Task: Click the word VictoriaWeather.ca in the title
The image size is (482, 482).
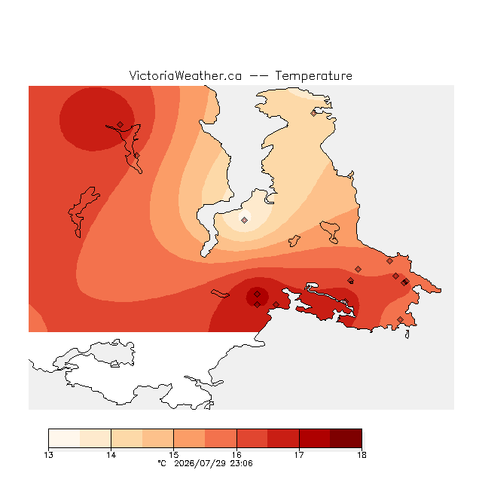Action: [x=185, y=76]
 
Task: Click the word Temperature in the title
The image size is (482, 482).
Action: [x=313, y=76]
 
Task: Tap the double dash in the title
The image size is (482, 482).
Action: [x=258, y=76]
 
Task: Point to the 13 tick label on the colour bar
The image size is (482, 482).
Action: [x=48, y=455]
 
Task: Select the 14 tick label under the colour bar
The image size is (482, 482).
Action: [x=111, y=455]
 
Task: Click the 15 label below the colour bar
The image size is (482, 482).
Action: [x=174, y=455]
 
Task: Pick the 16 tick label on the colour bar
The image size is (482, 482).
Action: [x=236, y=455]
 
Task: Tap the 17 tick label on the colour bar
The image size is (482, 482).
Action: [x=299, y=455]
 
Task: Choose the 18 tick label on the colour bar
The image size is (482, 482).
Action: [x=361, y=455]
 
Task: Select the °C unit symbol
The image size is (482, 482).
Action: [x=162, y=464]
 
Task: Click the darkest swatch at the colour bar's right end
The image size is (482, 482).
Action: [x=346, y=438]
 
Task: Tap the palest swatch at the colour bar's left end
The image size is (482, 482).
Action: [x=64, y=438]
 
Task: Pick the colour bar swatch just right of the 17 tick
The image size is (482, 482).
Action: [x=315, y=438]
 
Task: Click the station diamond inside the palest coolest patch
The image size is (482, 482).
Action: [x=244, y=220]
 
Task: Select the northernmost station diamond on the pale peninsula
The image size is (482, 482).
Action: [x=313, y=113]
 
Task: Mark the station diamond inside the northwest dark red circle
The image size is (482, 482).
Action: [x=120, y=124]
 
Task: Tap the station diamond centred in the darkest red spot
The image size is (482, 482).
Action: [x=258, y=294]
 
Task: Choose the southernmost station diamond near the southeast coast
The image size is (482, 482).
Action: [x=400, y=319]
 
